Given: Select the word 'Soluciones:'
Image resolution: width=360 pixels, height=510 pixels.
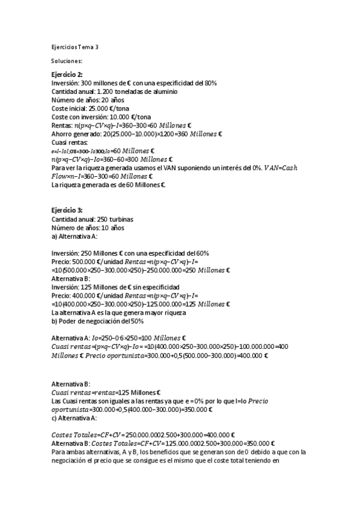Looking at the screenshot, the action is point(67,61).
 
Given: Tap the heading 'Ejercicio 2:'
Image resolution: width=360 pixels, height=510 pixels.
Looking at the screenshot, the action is point(67,74).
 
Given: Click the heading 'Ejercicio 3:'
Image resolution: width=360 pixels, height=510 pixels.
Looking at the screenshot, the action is point(67,210).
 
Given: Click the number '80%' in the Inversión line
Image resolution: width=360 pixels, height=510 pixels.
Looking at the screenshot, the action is point(209,82).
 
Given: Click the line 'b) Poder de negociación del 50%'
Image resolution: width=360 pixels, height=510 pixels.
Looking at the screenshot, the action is point(97,321).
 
